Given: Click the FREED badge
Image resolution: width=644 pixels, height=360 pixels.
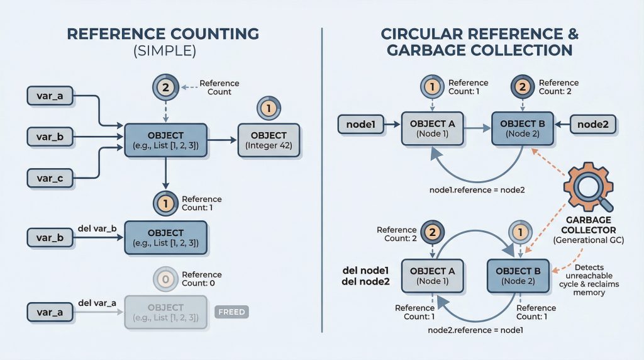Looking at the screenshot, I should pyautogui.click(x=232, y=312).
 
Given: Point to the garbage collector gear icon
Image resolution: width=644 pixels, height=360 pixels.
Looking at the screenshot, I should pyautogui.click(x=587, y=187).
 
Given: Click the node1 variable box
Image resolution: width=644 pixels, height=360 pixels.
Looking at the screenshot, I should pyautogui.click(x=361, y=124).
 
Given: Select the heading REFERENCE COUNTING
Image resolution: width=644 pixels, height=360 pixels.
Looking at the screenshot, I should pyautogui.click(x=162, y=33).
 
